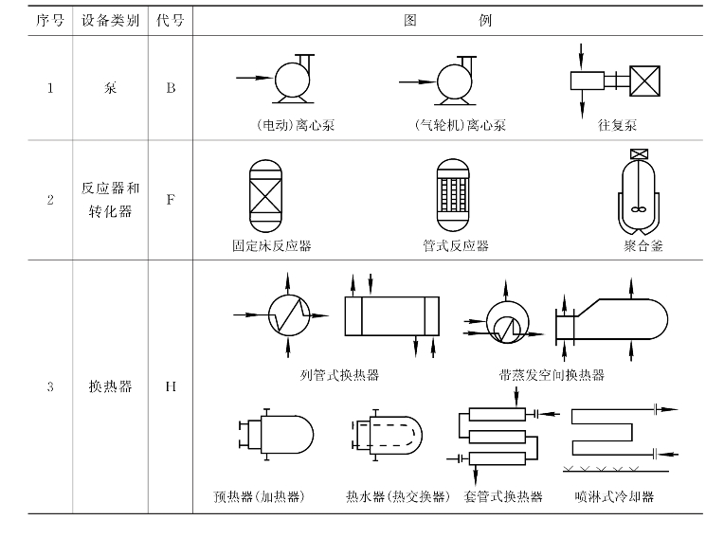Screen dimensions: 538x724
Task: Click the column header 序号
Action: point(49,20)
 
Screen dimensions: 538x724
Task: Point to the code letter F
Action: point(171,200)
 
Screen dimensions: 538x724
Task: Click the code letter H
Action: point(171,386)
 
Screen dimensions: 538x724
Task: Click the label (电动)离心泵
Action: point(282,125)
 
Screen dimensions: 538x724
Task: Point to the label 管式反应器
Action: point(456,245)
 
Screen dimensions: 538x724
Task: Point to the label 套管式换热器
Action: point(504,496)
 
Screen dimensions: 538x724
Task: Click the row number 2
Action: point(49,200)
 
